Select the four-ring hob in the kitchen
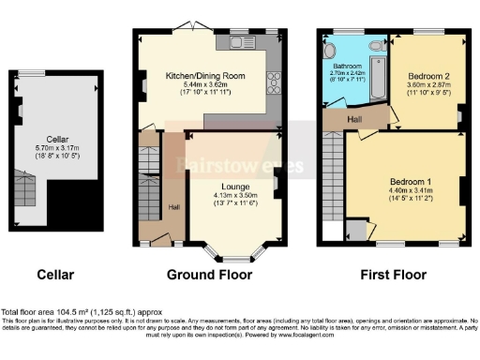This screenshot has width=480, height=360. (275, 82)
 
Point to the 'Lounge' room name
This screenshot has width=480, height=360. (234, 186)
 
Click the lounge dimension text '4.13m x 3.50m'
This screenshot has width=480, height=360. (234, 194)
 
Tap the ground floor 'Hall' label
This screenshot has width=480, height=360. (174, 207)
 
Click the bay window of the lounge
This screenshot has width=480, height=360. (234, 252)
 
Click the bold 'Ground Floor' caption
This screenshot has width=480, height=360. (209, 275)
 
